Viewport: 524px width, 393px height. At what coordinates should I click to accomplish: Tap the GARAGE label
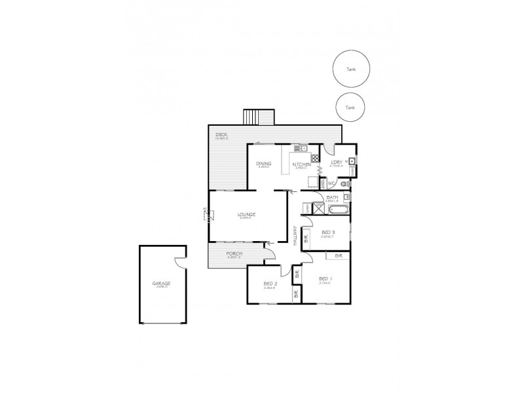tap(161, 283)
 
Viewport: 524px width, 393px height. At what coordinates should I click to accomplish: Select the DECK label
tap(221, 135)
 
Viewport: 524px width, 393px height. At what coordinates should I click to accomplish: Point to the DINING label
tap(264, 164)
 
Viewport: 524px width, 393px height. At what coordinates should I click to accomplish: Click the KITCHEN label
tap(301, 164)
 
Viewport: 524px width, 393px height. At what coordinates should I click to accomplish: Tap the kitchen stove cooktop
tap(315, 158)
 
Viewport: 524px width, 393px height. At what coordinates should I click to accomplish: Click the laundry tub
tap(352, 161)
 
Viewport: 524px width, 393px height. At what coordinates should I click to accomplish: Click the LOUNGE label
tap(246, 215)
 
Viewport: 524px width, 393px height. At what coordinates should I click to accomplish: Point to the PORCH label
tap(234, 254)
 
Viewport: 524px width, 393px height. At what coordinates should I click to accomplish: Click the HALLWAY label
tap(295, 236)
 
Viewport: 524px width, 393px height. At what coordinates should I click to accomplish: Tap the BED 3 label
tap(329, 233)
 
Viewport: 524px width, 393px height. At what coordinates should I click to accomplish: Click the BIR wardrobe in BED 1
tap(338, 256)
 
